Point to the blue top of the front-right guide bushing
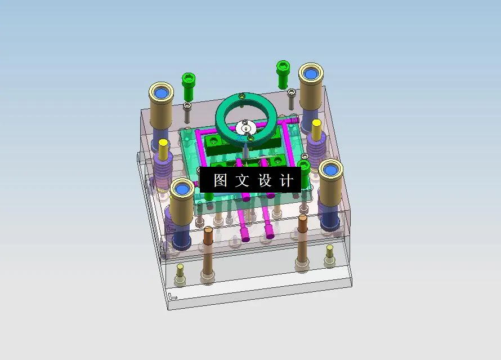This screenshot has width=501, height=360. (x=330, y=169)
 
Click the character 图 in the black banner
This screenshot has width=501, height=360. (x=220, y=180)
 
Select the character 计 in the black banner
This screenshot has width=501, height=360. (x=287, y=180)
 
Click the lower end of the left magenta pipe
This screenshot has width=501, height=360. (x=244, y=235)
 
